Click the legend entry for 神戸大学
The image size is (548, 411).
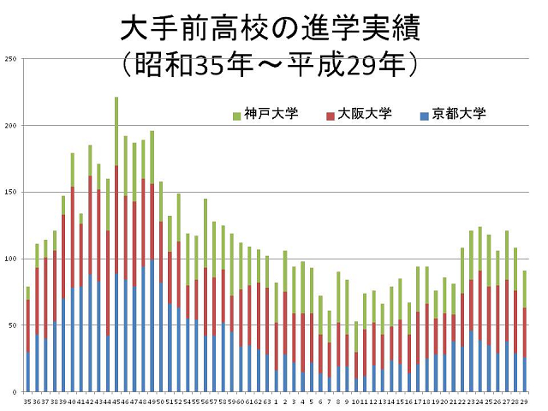[265, 114]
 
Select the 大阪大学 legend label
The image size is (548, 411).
[359, 114]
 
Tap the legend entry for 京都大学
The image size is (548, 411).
[453, 114]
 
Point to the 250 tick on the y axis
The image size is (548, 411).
[10, 59]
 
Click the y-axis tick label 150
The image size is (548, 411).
[10, 193]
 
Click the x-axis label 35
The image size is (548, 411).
[27, 401]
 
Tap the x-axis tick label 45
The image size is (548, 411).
[116, 401]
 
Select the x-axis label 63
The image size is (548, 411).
[267, 401]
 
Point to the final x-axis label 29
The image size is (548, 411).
[524, 401]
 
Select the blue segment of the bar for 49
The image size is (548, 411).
[152, 325]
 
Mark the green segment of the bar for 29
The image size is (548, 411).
[524, 289]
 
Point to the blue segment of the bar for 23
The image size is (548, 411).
[471, 360]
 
